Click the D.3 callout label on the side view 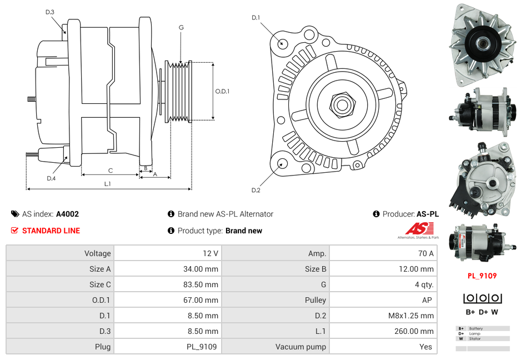[x=50, y=12]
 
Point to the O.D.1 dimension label [x=222, y=92]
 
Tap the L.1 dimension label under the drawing [x=107, y=184]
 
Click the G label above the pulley [x=181, y=27]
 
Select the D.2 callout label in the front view [x=256, y=190]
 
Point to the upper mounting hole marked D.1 [x=282, y=43]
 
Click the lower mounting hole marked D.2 [x=282, y=163]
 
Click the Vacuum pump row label [x=300, y=347]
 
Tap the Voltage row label [x=97, y=253]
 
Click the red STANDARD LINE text [x=51, y=231]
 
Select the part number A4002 [x=67, y=214]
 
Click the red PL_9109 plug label [x=482, y=276]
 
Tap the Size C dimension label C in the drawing [x=111, y=171]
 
